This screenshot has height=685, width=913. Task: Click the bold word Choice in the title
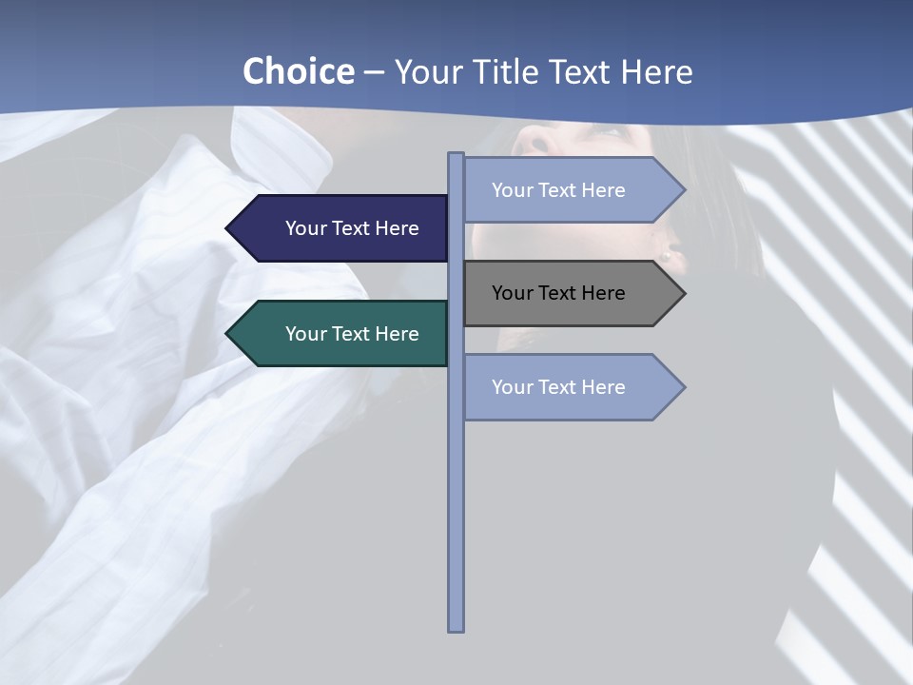click(298, 71)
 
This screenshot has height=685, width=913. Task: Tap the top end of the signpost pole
click(456, 155)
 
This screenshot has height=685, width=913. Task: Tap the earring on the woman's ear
click(667, 255)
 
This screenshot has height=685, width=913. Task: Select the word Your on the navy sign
click(306, 228)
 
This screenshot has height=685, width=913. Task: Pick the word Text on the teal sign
click(352, 334)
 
